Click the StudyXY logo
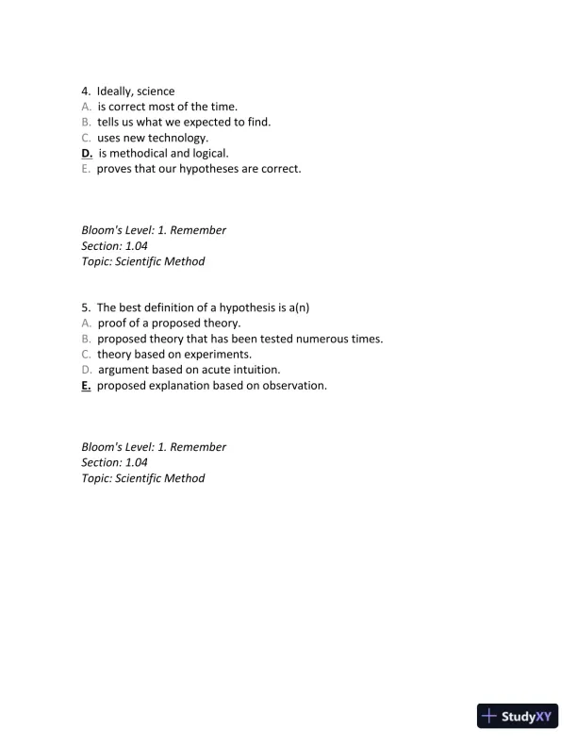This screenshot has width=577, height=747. [519, 716]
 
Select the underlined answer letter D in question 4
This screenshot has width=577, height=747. [87, 153]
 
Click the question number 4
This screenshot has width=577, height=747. [86, 91]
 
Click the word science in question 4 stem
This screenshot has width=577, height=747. [156, 91]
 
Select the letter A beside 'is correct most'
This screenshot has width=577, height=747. [86, 107]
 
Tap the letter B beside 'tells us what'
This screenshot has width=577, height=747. [86, 122]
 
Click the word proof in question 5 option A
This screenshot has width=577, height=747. [112, 324]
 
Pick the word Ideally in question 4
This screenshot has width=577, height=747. [115, 91]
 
